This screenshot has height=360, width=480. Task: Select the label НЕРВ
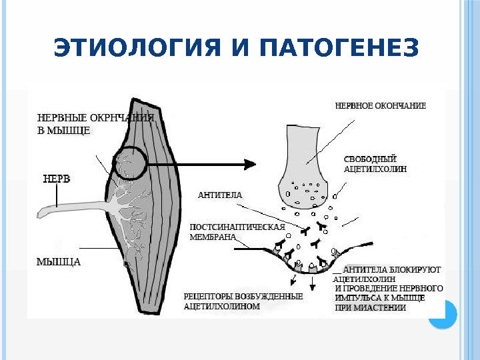(x=57, y=179)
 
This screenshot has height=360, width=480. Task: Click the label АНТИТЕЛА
(x=220, y=195)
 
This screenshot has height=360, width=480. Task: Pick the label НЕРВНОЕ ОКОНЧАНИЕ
(x=380, y=105)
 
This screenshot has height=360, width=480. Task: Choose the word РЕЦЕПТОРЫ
(x=207, y=297)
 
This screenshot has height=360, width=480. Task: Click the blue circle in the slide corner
(x=441, y=315)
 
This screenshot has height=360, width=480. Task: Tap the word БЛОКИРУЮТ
(x=418, y=270)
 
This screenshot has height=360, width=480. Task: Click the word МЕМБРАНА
(x=213, y=237)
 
